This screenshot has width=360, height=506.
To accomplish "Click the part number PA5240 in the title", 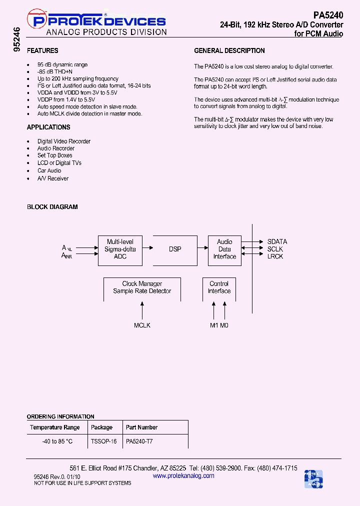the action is [328, 15].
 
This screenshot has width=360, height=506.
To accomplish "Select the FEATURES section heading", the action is [42, 50].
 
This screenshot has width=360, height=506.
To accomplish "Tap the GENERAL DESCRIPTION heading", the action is [229, 50].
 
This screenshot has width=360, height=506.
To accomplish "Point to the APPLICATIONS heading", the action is [48, 127].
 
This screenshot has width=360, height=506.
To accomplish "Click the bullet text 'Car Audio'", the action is [49, 170].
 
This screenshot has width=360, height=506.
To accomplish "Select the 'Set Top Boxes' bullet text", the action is [54, 155].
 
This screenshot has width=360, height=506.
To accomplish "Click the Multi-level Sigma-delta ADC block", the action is [120, 249].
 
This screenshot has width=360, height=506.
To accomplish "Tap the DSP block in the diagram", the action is [175, 249].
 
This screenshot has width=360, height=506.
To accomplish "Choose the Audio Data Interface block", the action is [224, 249].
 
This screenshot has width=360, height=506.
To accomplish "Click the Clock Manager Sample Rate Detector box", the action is [142, 287].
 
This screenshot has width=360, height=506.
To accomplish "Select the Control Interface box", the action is [219, 287].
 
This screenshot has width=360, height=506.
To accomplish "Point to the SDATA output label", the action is [277, 241].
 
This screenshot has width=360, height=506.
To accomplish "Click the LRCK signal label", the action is [275, 256].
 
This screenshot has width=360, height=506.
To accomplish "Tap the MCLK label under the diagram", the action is [142, 325].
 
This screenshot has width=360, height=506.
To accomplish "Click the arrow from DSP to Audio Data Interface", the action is [202, 248].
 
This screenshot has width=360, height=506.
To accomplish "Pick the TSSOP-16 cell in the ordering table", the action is [103, 441].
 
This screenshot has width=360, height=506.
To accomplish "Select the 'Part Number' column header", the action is [141, 427].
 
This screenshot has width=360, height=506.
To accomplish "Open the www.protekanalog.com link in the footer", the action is [183, 475].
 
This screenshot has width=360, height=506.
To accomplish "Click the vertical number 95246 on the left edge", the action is [17, 40].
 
